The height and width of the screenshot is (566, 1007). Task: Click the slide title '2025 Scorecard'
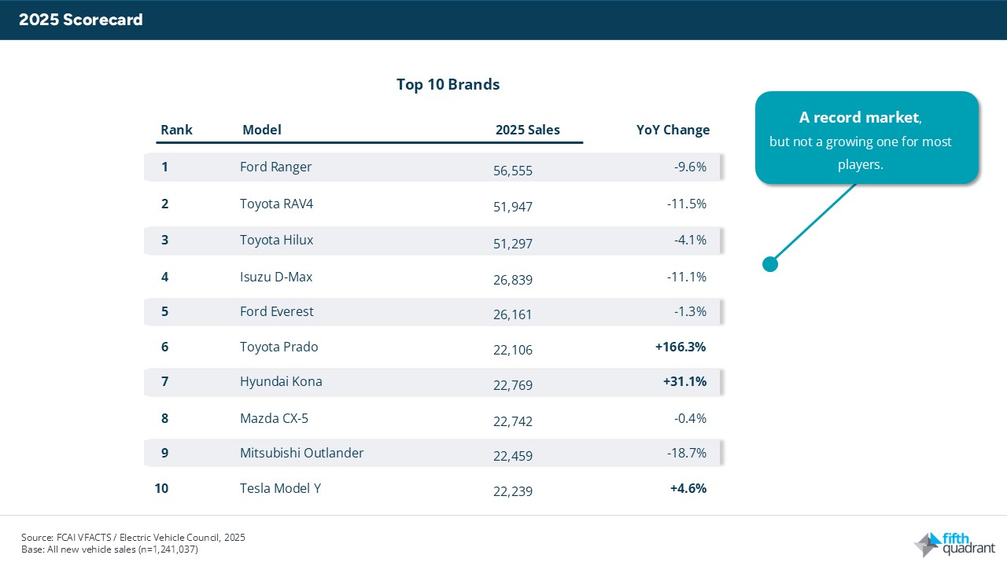click(81, 20)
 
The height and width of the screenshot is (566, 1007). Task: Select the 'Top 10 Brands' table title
click(448, 84)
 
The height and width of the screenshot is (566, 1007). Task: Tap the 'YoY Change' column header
click(673, 130)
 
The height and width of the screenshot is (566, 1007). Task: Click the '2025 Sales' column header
click(527, 130)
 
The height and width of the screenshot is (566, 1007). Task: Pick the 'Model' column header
click(261, 130)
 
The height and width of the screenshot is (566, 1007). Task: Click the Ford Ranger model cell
click(275, 167)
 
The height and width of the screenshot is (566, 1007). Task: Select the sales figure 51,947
click(512, 207)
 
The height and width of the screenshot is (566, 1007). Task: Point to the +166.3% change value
click(681, 347)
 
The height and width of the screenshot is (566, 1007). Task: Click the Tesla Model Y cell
click(280, 488)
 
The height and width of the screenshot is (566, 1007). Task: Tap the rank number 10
click(161, 488)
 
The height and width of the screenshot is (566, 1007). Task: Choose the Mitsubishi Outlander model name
click(301, 453)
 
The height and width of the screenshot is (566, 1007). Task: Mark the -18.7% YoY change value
click(690, 453)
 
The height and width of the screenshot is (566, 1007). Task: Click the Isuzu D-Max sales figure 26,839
click(512, 279)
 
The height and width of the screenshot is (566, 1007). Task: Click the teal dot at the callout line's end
click(770, 264)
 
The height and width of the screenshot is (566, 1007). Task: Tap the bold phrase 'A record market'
click(858, 118)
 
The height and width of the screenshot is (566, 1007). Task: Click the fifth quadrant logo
click(954, 543)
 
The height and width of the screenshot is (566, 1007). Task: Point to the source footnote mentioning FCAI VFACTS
click(133, 538)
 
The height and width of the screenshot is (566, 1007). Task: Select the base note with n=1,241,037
click(109, 549)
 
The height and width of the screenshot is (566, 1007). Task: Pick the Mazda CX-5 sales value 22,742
click(512, 421)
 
